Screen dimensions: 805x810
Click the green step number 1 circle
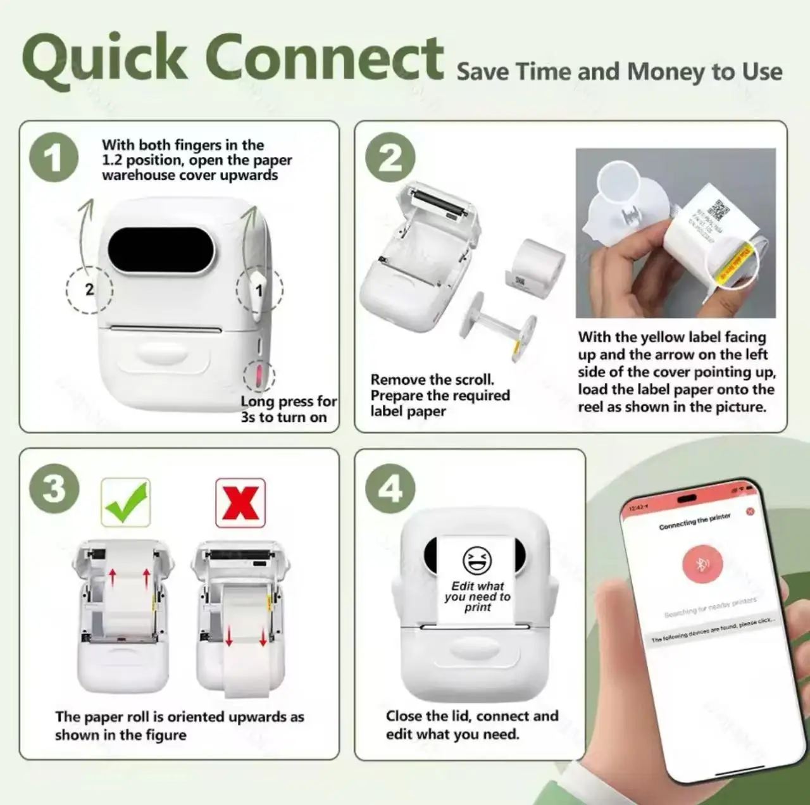(x=54, y=158)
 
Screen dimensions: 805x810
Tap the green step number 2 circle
(x=390, y=158)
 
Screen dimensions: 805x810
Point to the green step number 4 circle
(x=390, y=489)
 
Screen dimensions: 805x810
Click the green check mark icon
(x=126, y=502)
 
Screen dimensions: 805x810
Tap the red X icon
(x=240, y=502)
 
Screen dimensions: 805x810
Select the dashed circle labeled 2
(x=89, y=290)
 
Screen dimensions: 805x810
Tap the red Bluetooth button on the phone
(x=702, y=564)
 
